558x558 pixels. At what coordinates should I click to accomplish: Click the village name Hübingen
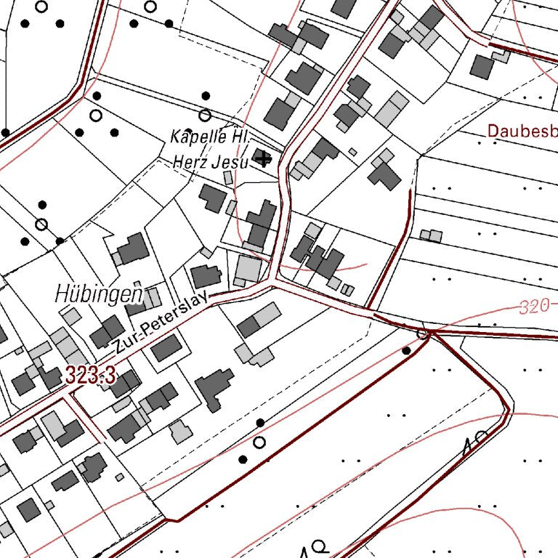coord(98,294)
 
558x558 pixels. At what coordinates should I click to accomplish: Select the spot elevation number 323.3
coord(90,376)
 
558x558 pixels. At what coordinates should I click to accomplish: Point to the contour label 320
coord(534,307)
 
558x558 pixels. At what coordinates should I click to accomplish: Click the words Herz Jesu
coord(211,161)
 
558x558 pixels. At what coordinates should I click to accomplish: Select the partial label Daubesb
coord(522,132)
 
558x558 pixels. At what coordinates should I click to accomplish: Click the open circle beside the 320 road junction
coord(423,333)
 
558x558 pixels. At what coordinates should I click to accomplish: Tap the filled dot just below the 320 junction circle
coord(406,351)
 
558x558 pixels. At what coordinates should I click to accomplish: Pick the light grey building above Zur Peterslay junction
coord(249,268)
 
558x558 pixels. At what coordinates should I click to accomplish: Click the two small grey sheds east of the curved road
coord(431,235)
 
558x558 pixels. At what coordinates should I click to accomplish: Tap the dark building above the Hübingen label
coord(134,249)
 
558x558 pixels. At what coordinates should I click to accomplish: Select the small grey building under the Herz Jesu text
coord(227,177)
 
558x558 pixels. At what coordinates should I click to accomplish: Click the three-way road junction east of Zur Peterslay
coord(273,281)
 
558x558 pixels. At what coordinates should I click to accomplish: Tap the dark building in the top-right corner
coord(482,66)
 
